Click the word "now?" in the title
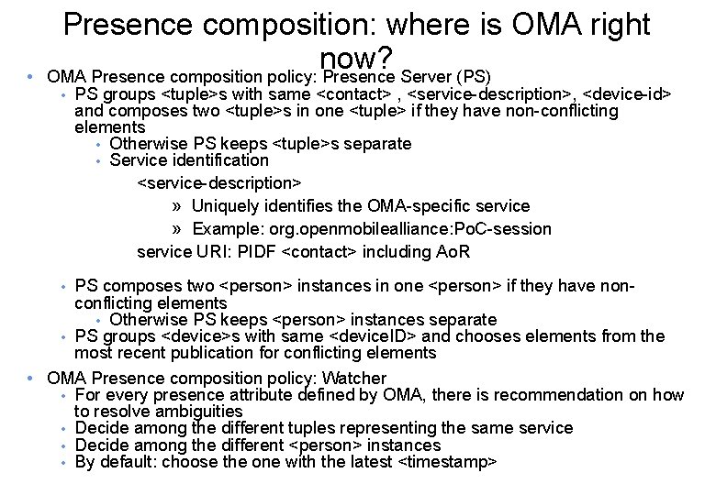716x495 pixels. [x=357, y=59]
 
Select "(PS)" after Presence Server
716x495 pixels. [x=473, y=76]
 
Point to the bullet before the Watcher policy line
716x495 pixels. [x=30, y=378]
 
